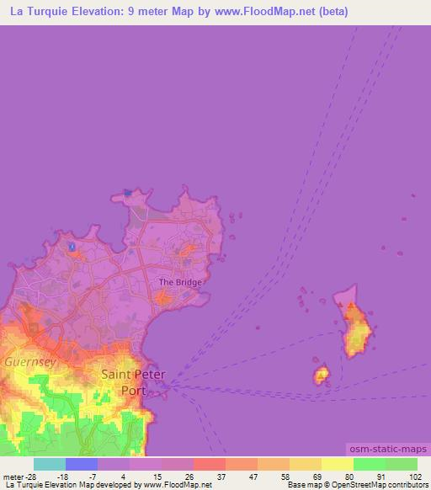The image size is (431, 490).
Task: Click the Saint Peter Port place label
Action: tap(134, 381)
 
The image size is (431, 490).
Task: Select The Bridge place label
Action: tap(180, 283)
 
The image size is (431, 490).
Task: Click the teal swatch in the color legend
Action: tap(50, 464)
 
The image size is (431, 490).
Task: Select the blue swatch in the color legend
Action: tap(82, 464)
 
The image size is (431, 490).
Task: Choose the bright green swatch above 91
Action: tap(370, 464)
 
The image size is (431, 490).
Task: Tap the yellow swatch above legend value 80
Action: tap(338, 464)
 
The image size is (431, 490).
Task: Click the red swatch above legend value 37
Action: tap(210, 464)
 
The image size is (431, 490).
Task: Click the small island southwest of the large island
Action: tap(321, 375)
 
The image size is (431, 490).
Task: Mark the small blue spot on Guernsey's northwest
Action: tap(72, 247)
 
